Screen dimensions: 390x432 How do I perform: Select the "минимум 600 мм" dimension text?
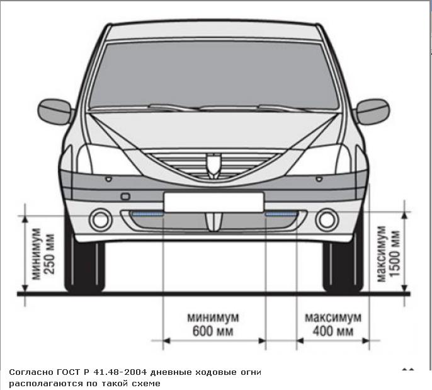[x=213, y=324]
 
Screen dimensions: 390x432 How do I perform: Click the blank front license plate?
[x=213, y=202]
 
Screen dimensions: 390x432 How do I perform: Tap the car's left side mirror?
[x=55, y=112]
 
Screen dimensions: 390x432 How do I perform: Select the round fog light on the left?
[x=99, y=219]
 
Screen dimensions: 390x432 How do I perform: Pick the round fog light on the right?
[x=327, y=219]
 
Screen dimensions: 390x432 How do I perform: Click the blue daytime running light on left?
[x=147, y=214]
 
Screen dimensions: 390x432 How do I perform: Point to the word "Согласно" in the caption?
[x=28, y=372]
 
